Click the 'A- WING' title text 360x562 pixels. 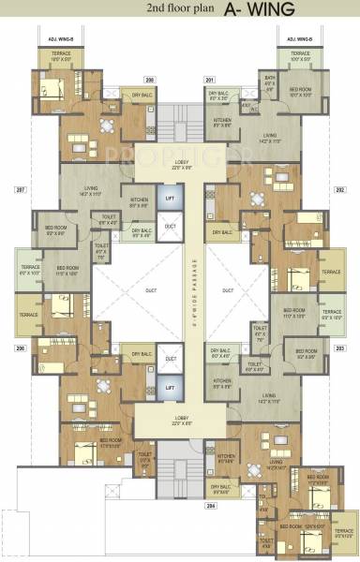[x=260, y=9]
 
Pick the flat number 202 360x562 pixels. [x=339, y=189]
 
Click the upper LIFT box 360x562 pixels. [x=170, y=199]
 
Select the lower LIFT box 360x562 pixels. [x=170, y=386]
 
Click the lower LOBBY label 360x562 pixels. [x=180, y=419]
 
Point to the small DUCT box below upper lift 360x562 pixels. [x=170, y=226]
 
